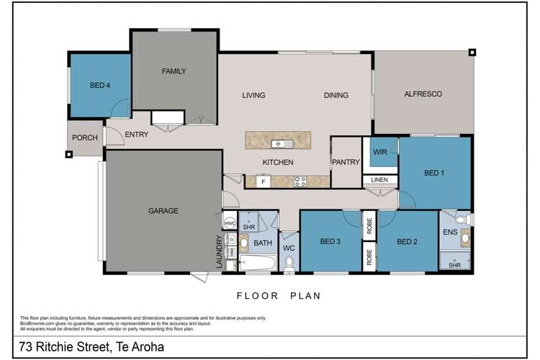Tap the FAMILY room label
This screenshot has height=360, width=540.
point(174,71)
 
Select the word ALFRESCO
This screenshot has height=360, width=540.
point(423,94)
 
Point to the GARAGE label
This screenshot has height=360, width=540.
point(163,211)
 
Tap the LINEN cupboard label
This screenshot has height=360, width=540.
point(379,180)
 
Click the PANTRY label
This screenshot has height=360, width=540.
point(345,163)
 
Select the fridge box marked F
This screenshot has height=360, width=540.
point(264,182)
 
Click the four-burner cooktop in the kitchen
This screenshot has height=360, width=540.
point(300,181)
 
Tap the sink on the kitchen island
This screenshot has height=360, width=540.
point(276,144)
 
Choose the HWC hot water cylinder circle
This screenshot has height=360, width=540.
point(230,223)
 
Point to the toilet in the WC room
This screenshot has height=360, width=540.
point(289,266)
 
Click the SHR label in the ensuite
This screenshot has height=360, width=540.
point(454,264)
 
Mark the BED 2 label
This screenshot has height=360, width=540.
point(407,241)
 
